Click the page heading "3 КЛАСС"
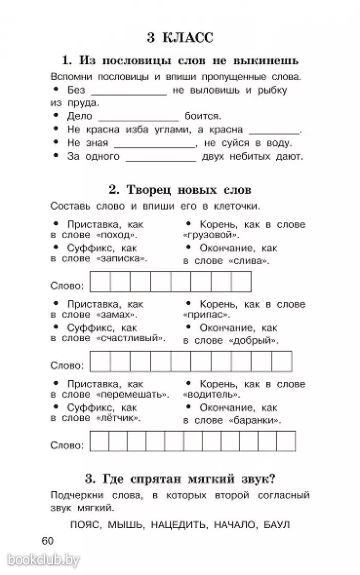[x=179, y=38]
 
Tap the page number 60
[x=47, y=541]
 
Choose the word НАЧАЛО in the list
[x=231, y=525]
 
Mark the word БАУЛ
[x=277, y=525]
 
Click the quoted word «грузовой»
[x=211, y=236]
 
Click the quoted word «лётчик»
[x=119, y=419]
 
